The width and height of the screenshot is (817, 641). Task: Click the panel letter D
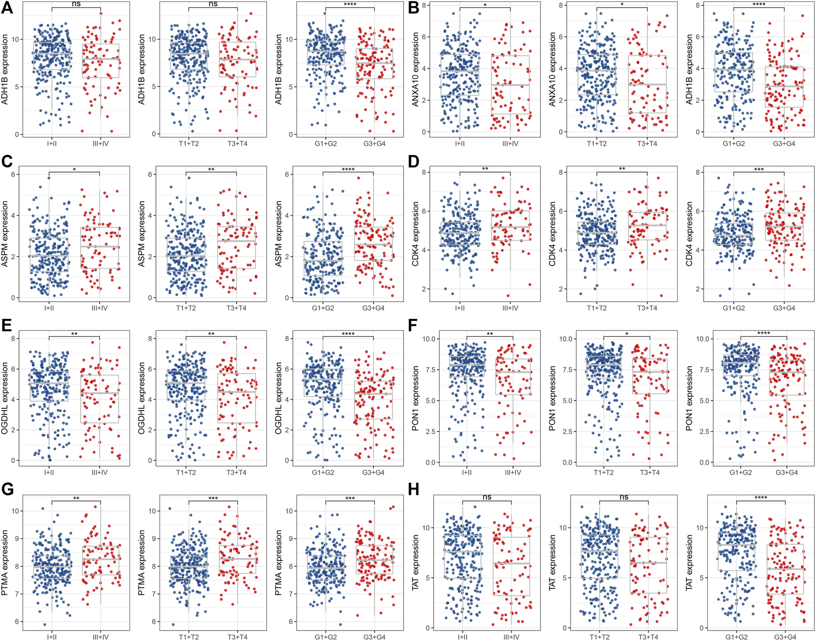pyautogui.click(x=414, y=162)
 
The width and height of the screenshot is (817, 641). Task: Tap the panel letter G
pyautogui.click(x=7, y=489)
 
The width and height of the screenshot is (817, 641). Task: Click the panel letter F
pyautogui.click(x=413, y=326)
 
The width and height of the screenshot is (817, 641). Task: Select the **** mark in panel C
pyautogui.click(x=348, y=169)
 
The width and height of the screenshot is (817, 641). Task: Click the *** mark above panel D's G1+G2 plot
pyautogui.click(x=759, y=169)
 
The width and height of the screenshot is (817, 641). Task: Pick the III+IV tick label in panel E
pyautogui.click(x=100, y=473)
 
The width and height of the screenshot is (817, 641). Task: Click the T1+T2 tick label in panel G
pyautogui.click(x=189, y=637)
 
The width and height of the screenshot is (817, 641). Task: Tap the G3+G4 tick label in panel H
pyautogui.click(x=785, y=637)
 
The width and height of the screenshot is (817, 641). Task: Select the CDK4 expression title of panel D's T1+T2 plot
pyautogui.click(x=552, y=234)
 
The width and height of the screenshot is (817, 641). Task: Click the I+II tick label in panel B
pyautogui.click(x=460, y=144)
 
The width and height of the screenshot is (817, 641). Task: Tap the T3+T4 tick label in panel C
pyautogui.click(x=237, y=308)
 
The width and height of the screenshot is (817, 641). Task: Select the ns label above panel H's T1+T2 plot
pyautogui.click(x=624, y=497)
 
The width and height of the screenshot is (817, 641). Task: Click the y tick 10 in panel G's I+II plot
pyautogui.click(x=16, y=511)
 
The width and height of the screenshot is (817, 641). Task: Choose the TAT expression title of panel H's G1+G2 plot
pyautogui.click(x=689, y=563)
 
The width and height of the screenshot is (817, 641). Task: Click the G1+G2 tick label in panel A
pyautogui.click(x=326, y=144)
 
